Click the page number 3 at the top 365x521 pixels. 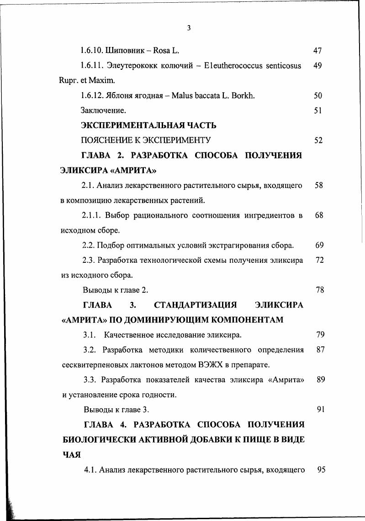pyautogui.click(x=189, y=28)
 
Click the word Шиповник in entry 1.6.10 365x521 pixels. pyautogui.click(x=124, y=51)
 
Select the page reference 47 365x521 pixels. pyautogui.click(x=318, y=51)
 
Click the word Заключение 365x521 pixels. pyautogui.click(x=103, y=110)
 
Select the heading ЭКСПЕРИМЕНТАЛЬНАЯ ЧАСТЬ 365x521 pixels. pyautogui.click(x=148, y=125)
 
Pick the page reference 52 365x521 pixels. pyautogui.click(x=318, y=140)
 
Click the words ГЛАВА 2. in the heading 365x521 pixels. pyautogui.click(x=103, y=156)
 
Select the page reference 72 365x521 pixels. pyautogui.click(x=320, y=260)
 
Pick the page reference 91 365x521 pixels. pyautogui.click(x=320, y=409)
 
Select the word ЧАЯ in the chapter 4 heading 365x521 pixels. pyautogui.click(x=72, y=454)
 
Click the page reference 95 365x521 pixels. pyautogui.click(x=321, y=469)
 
